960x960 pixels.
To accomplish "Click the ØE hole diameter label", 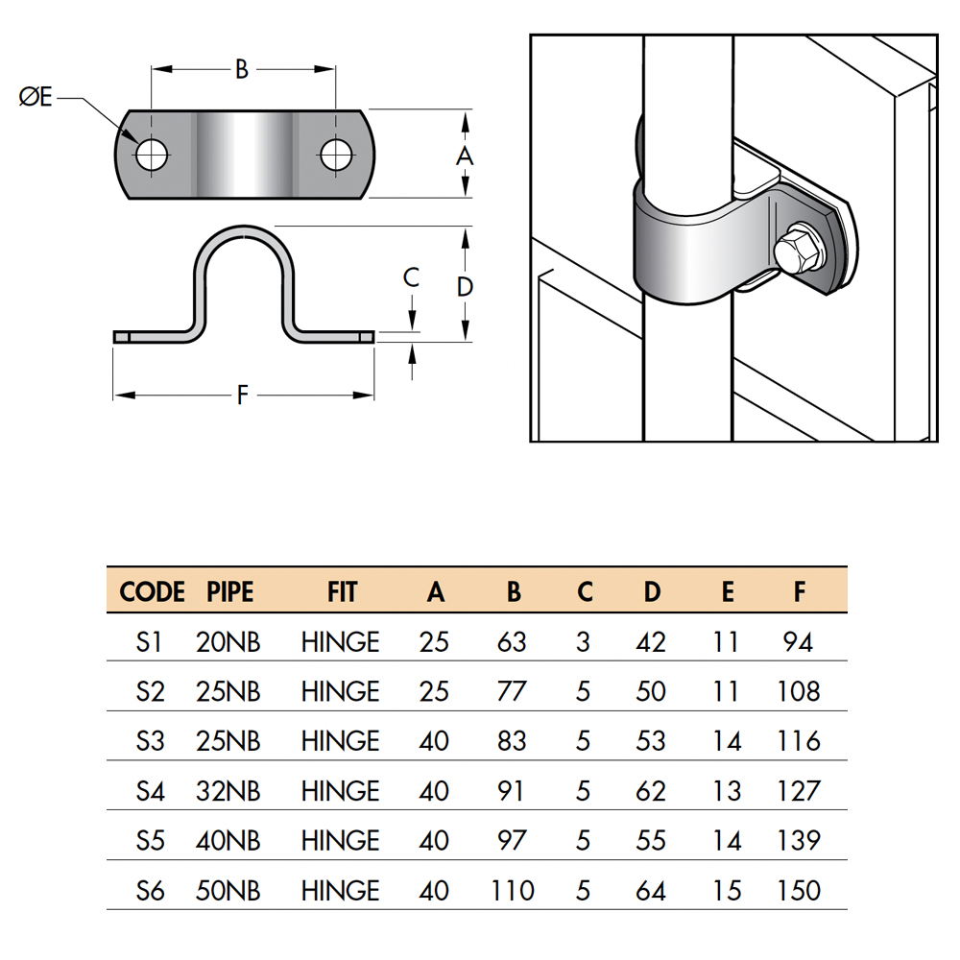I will [36, 97].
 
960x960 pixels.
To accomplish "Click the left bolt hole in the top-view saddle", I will [150, 155].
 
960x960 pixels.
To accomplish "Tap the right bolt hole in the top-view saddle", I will [335, 155].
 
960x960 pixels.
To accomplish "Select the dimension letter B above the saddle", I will [242, 69].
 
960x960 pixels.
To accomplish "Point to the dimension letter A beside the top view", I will [465, 155].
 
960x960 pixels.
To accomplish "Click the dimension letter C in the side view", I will [411, 278].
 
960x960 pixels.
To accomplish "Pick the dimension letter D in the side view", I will [465, 286].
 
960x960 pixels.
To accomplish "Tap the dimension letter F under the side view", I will [242, 395].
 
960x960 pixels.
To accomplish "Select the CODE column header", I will [152, 592].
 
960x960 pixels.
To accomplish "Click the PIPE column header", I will [230, 592].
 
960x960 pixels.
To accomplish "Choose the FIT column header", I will [341, 592].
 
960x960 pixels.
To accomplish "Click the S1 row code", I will [150, 641].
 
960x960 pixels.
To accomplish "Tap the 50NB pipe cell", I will [228, 891].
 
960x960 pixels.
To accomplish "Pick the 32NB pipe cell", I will [228, 791].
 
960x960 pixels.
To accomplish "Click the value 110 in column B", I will [513, 891].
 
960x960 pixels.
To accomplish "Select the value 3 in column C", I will [584, 641].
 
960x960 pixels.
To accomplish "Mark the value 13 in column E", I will [727, 791].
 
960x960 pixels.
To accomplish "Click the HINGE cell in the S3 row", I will [341, 741].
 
